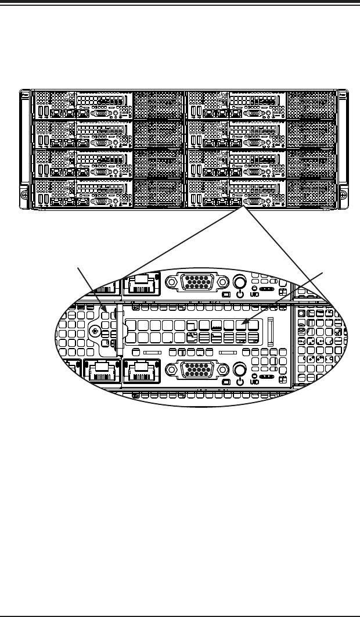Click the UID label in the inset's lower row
point(254,382)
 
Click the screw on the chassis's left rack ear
point(24,196)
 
